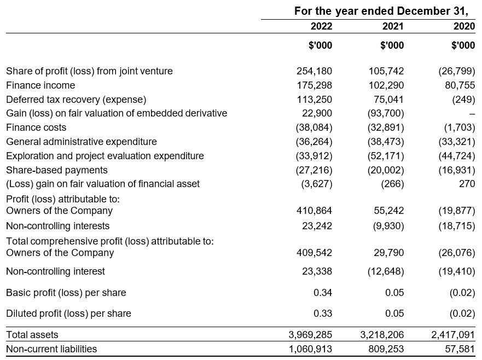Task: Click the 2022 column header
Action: pyautogui.click(x=321, y=26)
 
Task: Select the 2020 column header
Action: pyautogui.click(x=463, y=26)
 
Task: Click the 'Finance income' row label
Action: pyautogui.click(x=40, y=85)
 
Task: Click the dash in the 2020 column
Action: pyautogui.click(x=472, y=114)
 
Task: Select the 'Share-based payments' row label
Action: pyautogui.click(x=57, y=170)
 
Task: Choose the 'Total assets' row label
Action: pyautogui.click(x=32, y=334)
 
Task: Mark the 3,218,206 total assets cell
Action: pyautogui.click(x=381, y=334)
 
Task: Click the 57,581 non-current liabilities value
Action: pyautogui.click(x=459, y=349)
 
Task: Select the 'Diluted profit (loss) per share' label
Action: pyautogui.click(x=68, y=313)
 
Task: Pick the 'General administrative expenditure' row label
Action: pyautogui.click(x=82, y=142)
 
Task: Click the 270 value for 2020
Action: pyautogui.click(x=467, y=184)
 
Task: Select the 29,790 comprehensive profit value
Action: pyautogui.click(x=389, y=253)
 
